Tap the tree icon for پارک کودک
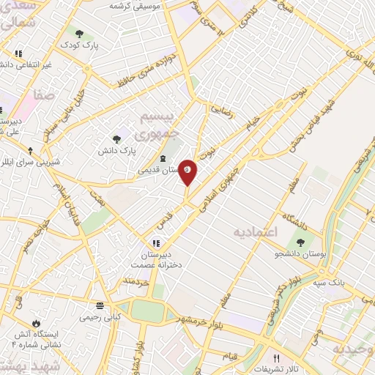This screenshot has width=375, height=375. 79,33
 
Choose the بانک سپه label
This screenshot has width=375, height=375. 326,281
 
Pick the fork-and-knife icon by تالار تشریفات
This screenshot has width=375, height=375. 276,358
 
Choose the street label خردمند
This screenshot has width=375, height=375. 137,281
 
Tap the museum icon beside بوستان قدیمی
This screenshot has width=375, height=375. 162,159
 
